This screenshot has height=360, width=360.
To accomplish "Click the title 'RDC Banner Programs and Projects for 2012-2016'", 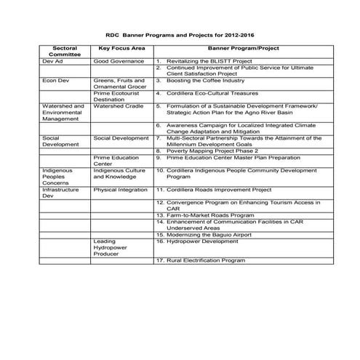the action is pyautogui.click(x=180, y=34).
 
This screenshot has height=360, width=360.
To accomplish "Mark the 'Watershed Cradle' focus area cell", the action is pyautogui.click(x=119, y=106).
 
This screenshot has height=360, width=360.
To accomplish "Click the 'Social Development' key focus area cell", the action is pyautogui.click(x=121, y=137).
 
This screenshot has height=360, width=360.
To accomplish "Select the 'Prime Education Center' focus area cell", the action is pyautogui.click(x=115, y=160).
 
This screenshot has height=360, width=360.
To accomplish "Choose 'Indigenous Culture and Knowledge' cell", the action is pyautogui.click(x=120, y=173).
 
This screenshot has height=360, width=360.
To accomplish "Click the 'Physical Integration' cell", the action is pyautogui.click(x=120, y=189).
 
